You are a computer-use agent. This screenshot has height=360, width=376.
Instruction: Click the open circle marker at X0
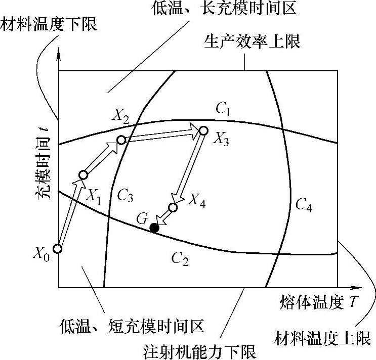click(58, 249)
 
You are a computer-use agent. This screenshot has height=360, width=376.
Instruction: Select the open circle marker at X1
click(83, 175)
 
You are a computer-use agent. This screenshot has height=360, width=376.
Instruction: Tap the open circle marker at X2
click(121, 140)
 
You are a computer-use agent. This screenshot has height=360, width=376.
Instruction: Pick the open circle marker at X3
click(203, 130)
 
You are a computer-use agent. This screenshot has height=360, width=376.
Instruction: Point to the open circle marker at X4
click(173, 207)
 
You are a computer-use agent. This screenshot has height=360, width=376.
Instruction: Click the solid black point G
click(154, 228)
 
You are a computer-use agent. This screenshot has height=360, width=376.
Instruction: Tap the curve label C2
click(180, 259)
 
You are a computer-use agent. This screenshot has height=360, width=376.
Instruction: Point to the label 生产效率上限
click(252, 41)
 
